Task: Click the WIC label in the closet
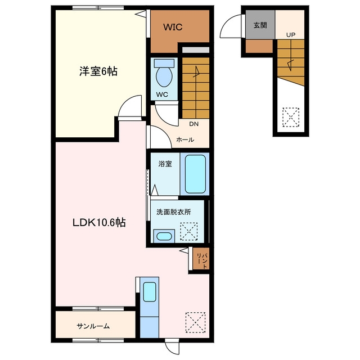point(173,27)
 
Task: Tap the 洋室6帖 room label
point(98,71)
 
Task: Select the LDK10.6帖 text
point(99,223)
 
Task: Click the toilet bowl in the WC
point(164,76)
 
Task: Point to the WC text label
point(162,94)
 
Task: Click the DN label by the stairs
point(193,124)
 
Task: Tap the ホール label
point(185,139)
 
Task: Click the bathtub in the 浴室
point(195,174)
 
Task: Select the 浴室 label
point(165,164)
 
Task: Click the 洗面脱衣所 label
point(174,212)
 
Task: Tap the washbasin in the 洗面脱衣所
point(164,236)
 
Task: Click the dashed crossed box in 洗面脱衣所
point(189,231)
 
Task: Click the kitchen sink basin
point(150,292)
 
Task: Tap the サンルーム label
point(93,326)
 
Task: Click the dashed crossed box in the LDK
point(195,322)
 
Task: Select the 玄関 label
point(260,25)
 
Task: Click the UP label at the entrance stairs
point(291,35)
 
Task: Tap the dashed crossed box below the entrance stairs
point(291,117)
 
